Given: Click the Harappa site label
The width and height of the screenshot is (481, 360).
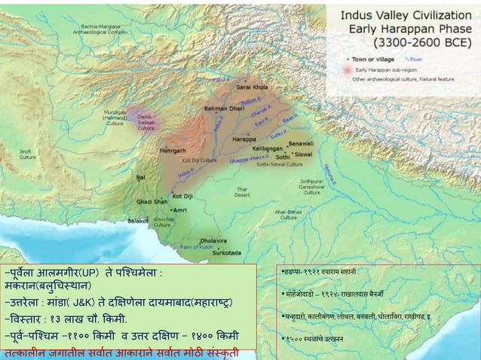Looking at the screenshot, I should [x=244, y=139].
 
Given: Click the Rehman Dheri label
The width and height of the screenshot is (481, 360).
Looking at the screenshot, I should [x=221, y=108].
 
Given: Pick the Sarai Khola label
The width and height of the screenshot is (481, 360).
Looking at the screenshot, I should [x=252, y=87].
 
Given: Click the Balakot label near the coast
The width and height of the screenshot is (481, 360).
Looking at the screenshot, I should [x=138, y=221].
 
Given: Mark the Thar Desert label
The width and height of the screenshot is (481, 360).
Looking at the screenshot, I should [x=241, y=191].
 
